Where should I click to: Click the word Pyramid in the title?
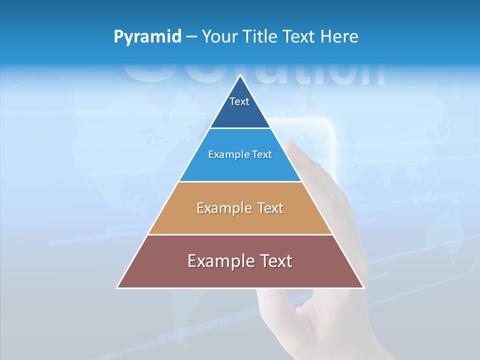click(x=147, y=37)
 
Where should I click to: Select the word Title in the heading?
click(x=263, y=37)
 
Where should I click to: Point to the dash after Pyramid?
click(x=191, y=37)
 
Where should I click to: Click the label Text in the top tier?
click(x=239, y=101)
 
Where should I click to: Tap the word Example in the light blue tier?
click(x=224, y=155)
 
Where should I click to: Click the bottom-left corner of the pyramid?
click(x=118, y=287)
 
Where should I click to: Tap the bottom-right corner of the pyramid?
click(x=363, y=287)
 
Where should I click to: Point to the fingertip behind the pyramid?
click(x=291, y=146)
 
